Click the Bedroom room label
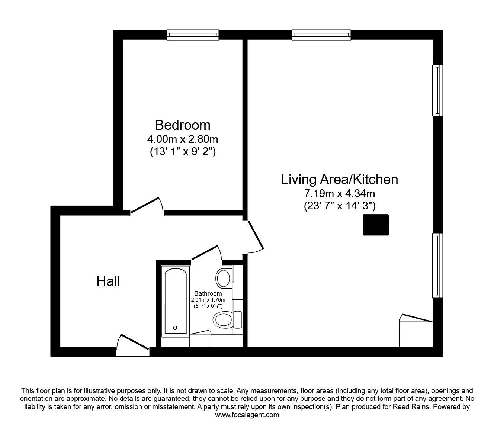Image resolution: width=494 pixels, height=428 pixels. tap(183, 125)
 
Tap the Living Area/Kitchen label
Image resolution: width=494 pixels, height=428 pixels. tap(339, 180)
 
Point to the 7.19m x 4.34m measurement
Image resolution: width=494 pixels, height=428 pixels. tap(339, 193)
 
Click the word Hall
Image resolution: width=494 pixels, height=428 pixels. tap(108, 281)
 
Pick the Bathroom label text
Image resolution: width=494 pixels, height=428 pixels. tap(208, 293)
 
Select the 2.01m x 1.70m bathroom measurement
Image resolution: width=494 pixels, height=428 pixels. tap(208, 300)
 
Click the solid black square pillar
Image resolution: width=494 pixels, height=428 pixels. tap(376, 225)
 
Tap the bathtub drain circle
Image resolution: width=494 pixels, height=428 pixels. tap(175, 328)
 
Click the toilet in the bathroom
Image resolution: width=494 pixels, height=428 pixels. tap(227, 319)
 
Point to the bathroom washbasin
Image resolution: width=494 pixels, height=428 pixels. tap(224, 278)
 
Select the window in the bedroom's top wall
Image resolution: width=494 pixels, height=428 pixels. tap(193, 35)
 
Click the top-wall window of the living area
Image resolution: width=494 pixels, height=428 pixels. tap(321, 35)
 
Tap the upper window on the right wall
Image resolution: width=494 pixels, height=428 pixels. tap(437, 90)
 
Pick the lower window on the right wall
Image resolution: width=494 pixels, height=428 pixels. tap(437, 265)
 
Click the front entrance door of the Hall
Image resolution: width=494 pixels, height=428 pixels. tap(133, 345)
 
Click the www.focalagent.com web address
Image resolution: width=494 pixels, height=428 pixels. tap(247, 415)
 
